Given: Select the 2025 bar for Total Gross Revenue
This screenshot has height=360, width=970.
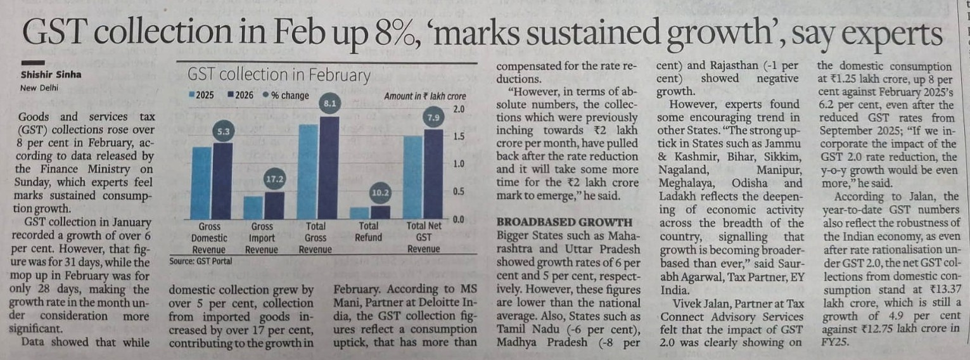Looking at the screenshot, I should pyautogui.click(x=307, y=172).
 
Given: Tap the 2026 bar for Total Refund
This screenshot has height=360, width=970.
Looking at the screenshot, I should pyautogui.click(x=380, y=212).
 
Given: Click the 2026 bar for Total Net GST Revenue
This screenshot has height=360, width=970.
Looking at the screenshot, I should pyautogui.click(x=433, y=174).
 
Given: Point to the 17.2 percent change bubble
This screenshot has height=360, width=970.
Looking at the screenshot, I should pyautogui.click(x=273, y=180).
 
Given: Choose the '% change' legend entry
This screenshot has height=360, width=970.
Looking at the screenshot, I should pyautogui.click(x=286, y=96).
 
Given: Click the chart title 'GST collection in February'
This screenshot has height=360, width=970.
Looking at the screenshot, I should pyautogui.click(x=279, y=75).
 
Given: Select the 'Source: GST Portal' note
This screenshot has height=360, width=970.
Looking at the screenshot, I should pyautogui.click(x=200, y=260).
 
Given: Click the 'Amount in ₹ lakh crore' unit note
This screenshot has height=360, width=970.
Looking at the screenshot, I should pyautogui.click(x=424, y=96).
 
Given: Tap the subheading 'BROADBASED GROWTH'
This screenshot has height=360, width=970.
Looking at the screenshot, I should pyautogui.click(x=564, y=222).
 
